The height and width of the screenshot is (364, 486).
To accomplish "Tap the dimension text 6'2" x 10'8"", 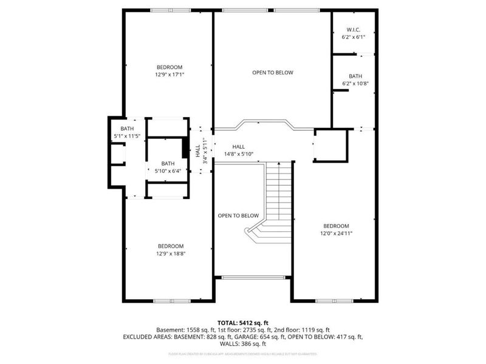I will (355, 84).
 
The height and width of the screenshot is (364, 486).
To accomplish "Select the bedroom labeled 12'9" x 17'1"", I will (169, 70).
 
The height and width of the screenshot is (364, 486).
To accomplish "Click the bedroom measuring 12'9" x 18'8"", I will (169, 249).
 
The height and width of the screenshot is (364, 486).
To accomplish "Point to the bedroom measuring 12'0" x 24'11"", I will (336, 229).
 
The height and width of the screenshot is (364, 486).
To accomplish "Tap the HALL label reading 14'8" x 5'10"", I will (238, 150).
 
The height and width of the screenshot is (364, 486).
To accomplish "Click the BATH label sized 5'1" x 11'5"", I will (127, 133).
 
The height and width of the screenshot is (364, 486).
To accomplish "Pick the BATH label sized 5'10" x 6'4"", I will (168, 167).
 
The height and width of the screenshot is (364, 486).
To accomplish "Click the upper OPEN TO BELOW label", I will (273, 72).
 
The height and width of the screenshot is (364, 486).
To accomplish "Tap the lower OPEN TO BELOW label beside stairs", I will (239, 215).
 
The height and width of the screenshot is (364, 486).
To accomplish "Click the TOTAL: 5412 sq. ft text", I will (242, 322).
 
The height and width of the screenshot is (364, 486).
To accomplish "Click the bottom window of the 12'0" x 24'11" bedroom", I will (334, 300).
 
